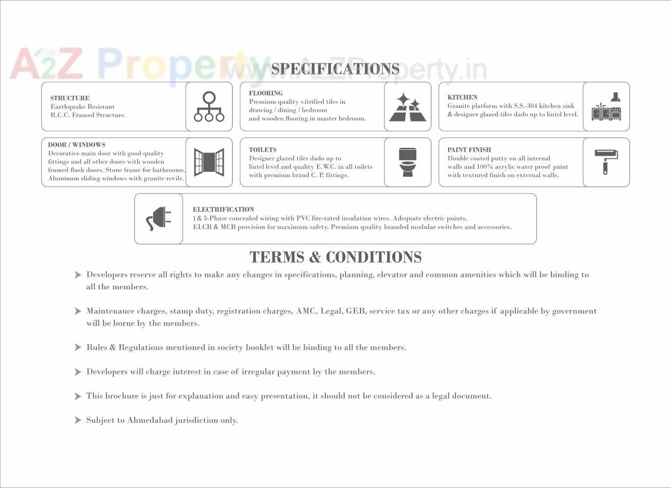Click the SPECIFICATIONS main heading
point(335,69)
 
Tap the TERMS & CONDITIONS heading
point(335,257)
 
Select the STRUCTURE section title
point(70,98)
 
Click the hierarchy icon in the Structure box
point(209,107)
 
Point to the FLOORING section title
point(266,93)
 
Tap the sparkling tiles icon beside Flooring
point(408,107)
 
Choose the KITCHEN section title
point(462,97)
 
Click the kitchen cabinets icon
point(607,107)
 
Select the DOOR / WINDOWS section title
point(77,145)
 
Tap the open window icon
point(209,162)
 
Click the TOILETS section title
point(263,150)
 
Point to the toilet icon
point(407,162)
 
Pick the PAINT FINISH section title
point(469,150)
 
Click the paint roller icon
point(606,161)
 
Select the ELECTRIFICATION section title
point(223,210)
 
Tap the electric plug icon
point(159,219)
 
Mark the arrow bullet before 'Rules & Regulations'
point(78,348)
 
